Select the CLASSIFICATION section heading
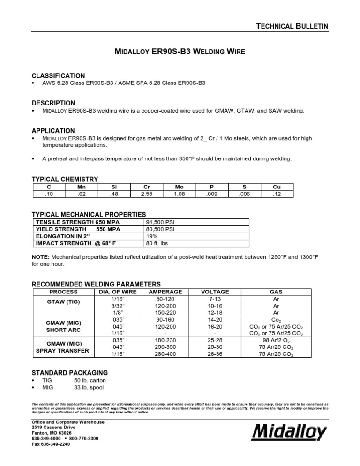coord(58,75)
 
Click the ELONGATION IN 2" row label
coord(63,236)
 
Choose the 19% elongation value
coord(153,236)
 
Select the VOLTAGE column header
coord(209,292)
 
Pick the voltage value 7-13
coord(209,298)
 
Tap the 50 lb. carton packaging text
coord(90,380)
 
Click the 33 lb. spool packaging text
coord(89,387)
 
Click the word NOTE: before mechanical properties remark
coord(41,257)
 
